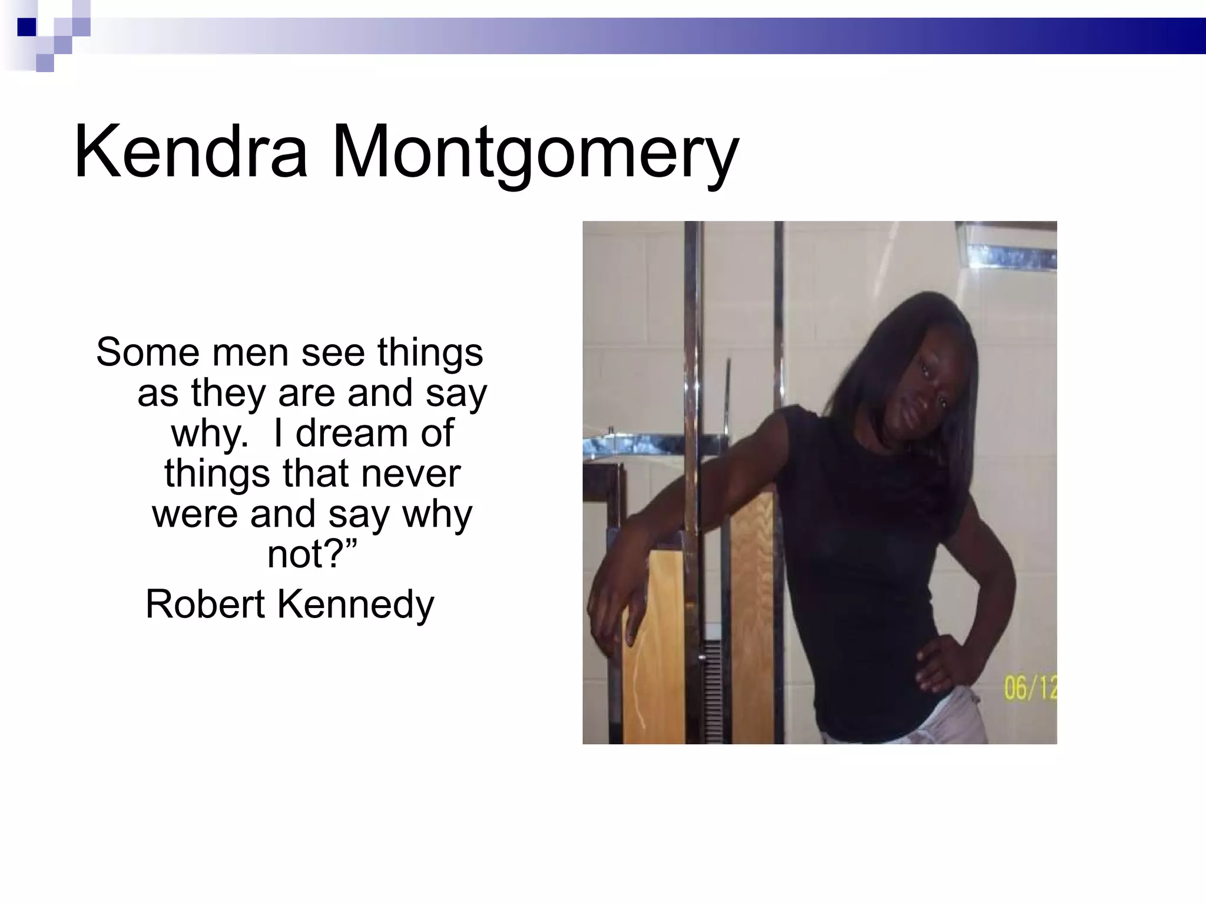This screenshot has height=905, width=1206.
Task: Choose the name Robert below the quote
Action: click(205, 604)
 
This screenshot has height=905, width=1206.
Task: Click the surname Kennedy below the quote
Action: click(355, 605)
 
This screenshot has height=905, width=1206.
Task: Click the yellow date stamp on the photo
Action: click(1030, 689)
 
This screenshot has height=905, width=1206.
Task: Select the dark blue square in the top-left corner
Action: click(26, 27)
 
